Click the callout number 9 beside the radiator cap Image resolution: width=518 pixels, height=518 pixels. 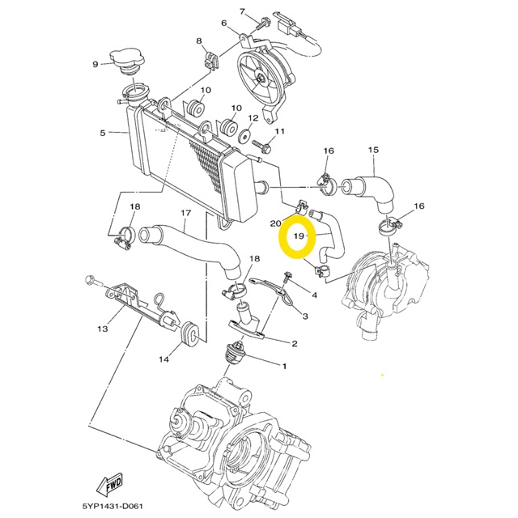coord(96,64)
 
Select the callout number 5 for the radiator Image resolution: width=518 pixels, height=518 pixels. coord(103,133)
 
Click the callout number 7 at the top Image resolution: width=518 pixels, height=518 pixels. coord(242,11)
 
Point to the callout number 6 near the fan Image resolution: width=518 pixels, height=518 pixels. coord(224,23)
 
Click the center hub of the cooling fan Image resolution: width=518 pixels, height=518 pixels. coord(261,78)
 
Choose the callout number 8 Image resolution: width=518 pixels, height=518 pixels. coord(198,40)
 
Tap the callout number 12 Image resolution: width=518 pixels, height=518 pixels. coord(253,118)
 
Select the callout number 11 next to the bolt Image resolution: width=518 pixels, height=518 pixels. coord(280,131)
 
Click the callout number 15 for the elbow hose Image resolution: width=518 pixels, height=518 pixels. coord(373,150)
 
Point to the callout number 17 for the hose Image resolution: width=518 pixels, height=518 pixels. coord(185,214)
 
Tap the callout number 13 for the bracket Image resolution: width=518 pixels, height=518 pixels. coord(103,329)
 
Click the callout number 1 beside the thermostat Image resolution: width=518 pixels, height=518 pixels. coord(284,366)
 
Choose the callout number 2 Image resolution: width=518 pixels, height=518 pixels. coord(294,343)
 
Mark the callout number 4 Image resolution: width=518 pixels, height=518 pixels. coord(314,295)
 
